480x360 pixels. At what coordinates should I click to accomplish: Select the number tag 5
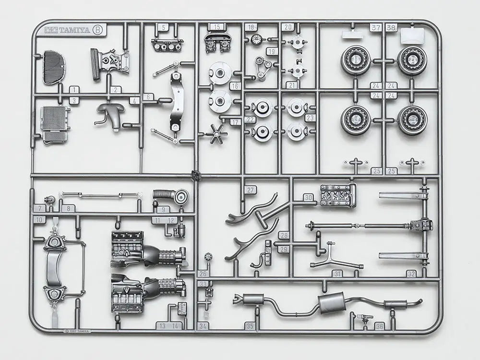point(165,27)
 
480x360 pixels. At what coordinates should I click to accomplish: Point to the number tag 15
point(217,27)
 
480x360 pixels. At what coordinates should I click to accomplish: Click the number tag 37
point(375,27)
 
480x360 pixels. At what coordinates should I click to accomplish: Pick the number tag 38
point(391,27)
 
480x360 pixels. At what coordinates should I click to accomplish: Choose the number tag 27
point(250,190)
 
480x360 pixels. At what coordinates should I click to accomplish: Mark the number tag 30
point(308,197)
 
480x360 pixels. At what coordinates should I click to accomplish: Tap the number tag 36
point(380,326)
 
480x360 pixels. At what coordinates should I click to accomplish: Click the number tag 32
point(411,274)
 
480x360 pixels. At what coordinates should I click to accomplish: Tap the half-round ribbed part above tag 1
point(54,67)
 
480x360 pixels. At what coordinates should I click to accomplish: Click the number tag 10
point(39,219)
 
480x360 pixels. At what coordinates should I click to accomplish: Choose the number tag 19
point(273,51)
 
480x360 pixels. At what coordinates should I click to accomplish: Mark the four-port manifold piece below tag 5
point(166,46)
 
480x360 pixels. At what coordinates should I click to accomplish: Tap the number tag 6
point(148,96)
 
